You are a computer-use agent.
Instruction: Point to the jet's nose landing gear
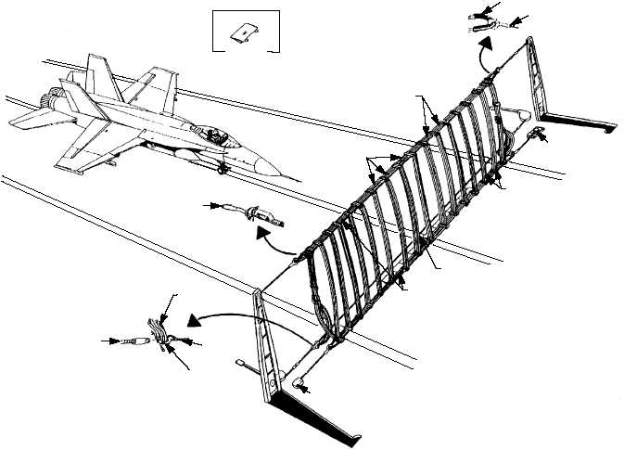click(x=222, y=169)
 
